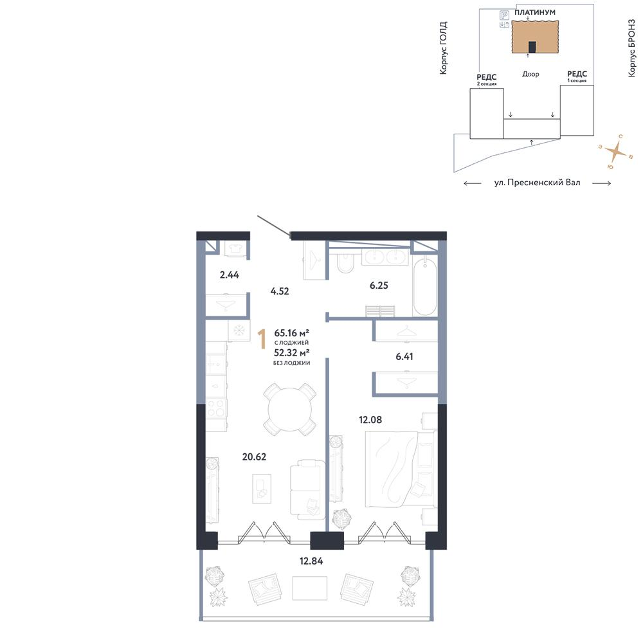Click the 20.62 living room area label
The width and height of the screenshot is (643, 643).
click(x=254, y=457)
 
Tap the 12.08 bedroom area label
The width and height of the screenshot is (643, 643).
click(x=370, y=419)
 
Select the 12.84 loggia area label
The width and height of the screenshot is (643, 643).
click(x=311, y=561)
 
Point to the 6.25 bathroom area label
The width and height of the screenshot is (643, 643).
click(x=379, y=285)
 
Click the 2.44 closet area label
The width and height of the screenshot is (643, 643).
click(x=230, y=275)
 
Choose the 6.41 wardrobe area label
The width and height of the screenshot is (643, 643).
click(x=404, y=356)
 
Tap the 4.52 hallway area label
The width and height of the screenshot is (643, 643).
click(x=280, y=291)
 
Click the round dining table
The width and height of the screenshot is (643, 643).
click(x=289, y=409)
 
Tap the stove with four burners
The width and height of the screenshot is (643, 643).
click(x=216, y=408)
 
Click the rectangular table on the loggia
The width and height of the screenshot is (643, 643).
click(x=310, y=588)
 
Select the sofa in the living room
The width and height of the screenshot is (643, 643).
click(x=307, y=489)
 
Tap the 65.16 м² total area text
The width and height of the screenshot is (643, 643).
click(x=291, y=332)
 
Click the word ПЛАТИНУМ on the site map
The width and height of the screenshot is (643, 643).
click(x=535, y=12)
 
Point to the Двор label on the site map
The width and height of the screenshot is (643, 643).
click(x=530, y=74)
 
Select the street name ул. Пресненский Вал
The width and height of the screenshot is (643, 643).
click(x=537, y=183)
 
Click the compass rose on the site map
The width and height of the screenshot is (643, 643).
click(x=615, y=152)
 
